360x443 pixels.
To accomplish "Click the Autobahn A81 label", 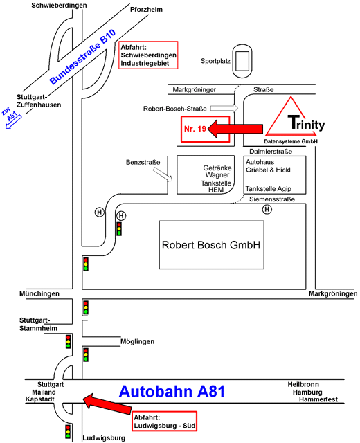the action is [172, 391].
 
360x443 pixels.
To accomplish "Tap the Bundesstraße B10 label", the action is [82, 57].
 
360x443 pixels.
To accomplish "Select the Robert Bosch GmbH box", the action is [211, 245].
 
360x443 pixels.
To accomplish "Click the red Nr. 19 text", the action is [195, 129].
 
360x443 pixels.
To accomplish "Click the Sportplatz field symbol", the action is [242, 61].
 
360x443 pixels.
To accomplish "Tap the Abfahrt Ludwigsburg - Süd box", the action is [164, 422].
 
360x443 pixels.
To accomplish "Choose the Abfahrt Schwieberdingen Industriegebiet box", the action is [148, 55].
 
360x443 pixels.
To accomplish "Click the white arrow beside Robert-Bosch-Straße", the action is [224, 108].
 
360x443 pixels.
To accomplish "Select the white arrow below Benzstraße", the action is [163, 174].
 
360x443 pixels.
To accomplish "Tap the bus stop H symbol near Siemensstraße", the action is [267, 209].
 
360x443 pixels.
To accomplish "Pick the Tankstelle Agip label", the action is [268, 188].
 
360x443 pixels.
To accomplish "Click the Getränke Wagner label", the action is [217, 171].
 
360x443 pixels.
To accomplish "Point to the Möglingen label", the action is [137, 341].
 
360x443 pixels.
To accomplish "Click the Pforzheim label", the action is [146, 9].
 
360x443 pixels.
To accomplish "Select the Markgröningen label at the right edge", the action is [333, 293].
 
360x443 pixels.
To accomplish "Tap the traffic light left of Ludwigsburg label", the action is [68, 431].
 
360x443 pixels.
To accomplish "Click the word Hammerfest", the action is [318, 399].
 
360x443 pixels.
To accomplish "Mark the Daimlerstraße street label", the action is [271, 152].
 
